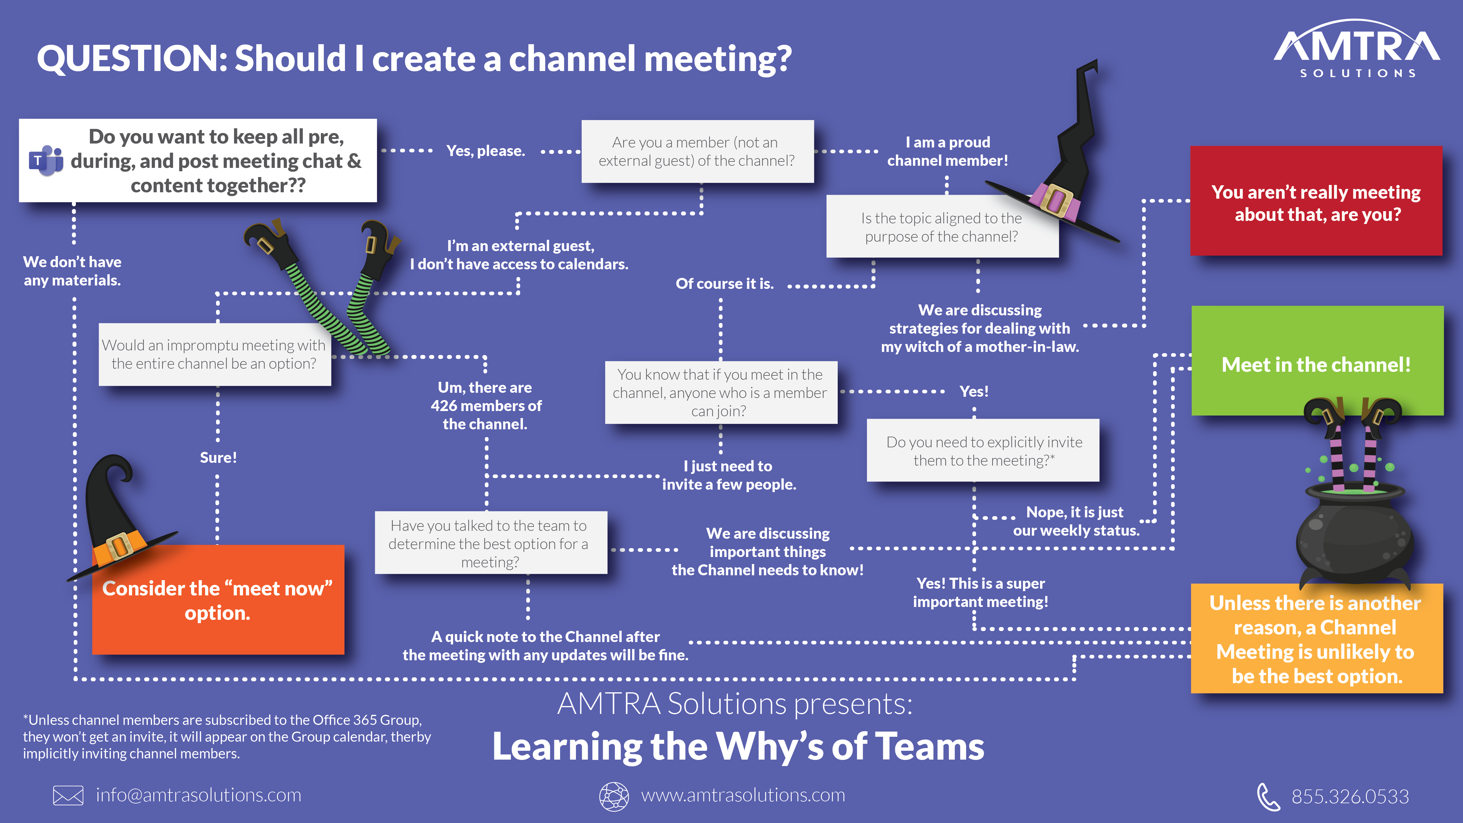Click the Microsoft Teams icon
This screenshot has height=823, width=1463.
(x=46, y=161)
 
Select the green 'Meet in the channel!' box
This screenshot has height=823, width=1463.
(x=1316, y=364)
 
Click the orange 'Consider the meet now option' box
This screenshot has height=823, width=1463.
(x=218, y=600)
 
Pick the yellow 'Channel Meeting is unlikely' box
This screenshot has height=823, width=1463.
(x=1316, y=639)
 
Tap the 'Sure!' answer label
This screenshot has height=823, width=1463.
(x=218, y=458)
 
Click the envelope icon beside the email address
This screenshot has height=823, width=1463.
(x=68, y=795)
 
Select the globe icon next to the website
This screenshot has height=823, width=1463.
(x=614, y=796)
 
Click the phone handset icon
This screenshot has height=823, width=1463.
(x=1268, y=796)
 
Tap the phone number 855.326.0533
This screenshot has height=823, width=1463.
(x=1350, y=796)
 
